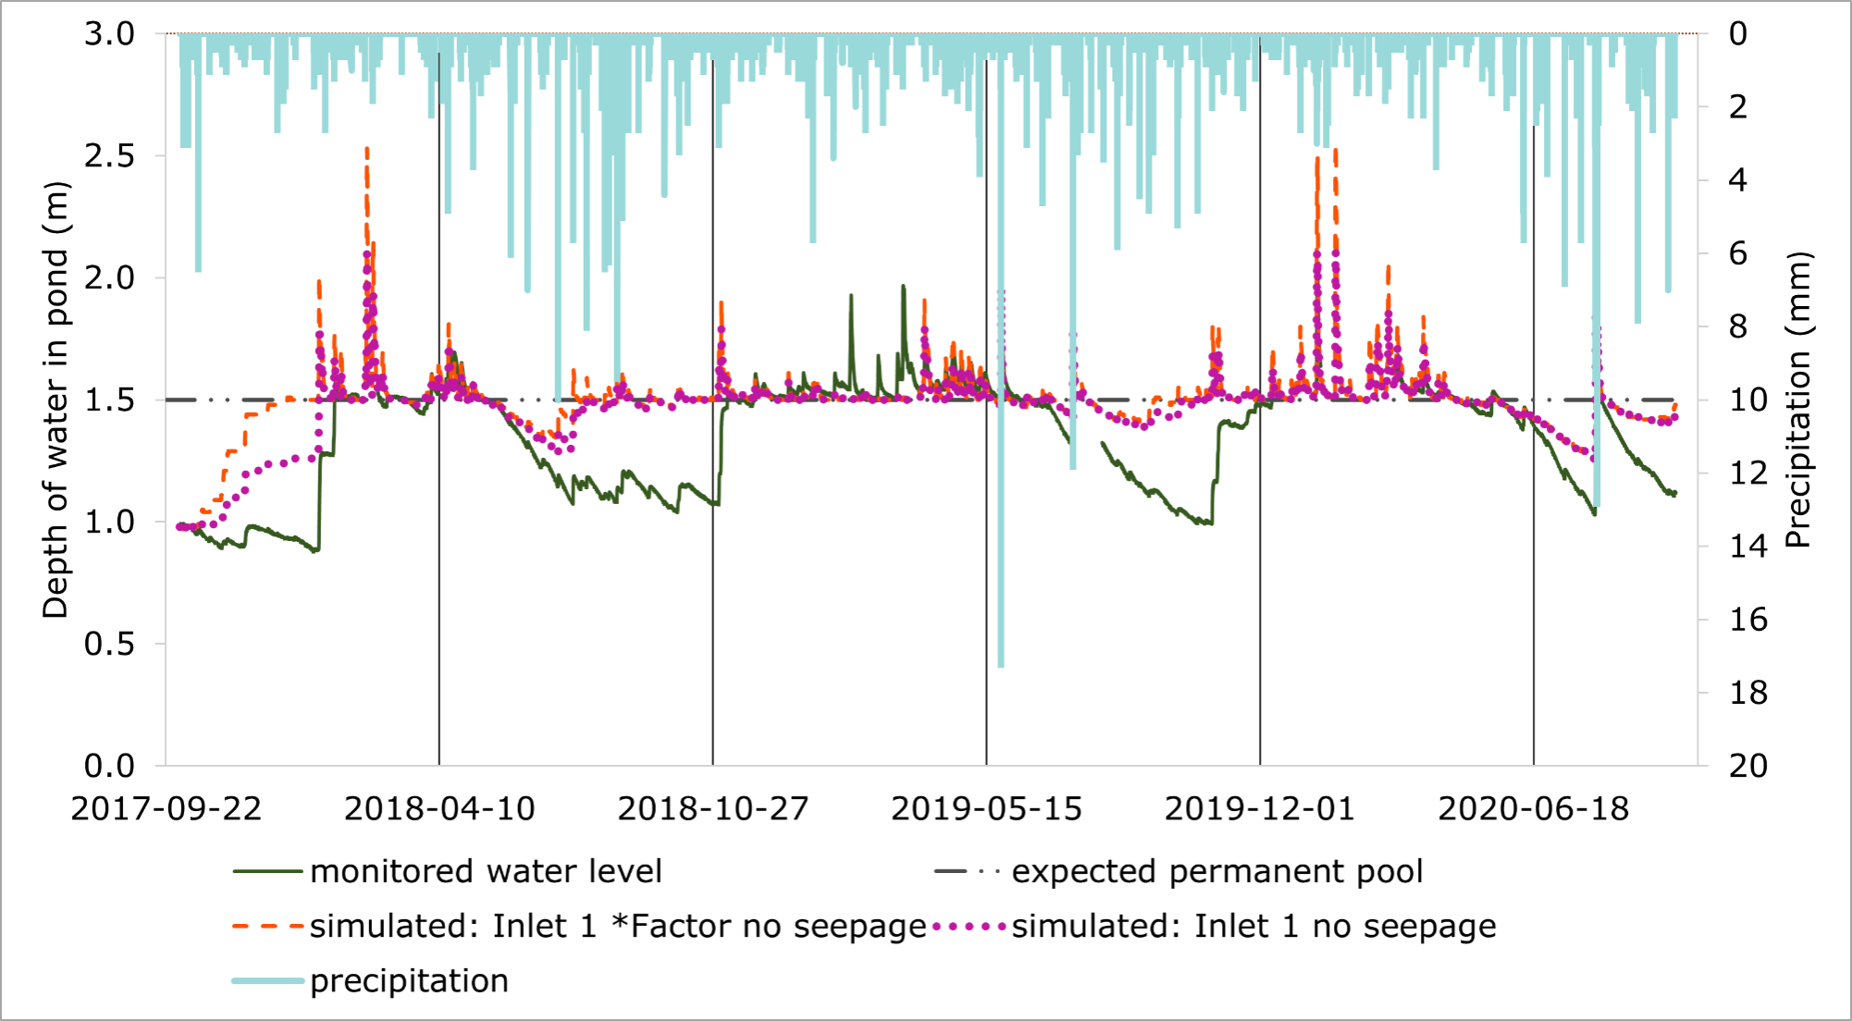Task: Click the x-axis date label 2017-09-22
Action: pos(167,809)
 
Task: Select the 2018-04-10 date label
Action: pos(439,809)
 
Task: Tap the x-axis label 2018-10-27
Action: pos(713,809)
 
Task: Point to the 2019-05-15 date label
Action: pos(986,809)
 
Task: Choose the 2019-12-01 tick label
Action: pos(1260,809)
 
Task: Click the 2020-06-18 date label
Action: pos(1533,809)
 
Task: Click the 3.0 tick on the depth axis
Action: pos(109,34)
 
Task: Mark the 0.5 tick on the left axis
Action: pos(109,644)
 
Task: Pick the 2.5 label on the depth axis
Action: pos(109,156)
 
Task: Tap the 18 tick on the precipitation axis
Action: pos(1748,693)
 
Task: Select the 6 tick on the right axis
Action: pos(1738,253)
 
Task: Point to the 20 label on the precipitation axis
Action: pos(1748,766)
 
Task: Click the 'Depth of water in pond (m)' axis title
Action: pos(56,400)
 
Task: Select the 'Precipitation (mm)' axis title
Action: pos(1796,400)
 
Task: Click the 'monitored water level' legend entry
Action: pos(486,872)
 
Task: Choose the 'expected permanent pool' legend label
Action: pos(1216,872)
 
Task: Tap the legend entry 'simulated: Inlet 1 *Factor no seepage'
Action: pos(617,927)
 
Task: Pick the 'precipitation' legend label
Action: pos(409,981)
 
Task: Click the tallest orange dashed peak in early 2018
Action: pos(367,149)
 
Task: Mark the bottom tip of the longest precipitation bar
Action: pos(1001,666)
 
